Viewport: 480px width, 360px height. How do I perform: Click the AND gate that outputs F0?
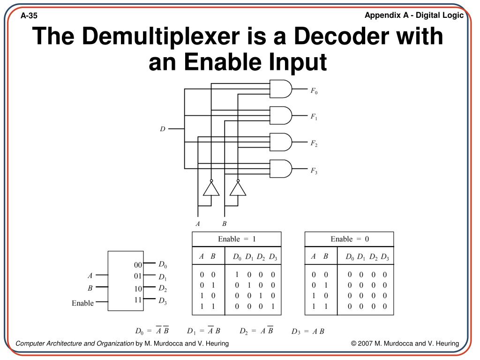pyautogui.click(x=280, y=89)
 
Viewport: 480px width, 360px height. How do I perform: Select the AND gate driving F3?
pyautogui.click(x=280, y=169)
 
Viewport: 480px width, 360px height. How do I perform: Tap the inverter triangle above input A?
pyautogui.click(x=211, y=188)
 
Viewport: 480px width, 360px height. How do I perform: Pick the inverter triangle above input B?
pyautogui.click(x=238, y=188)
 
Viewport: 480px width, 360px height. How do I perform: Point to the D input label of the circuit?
pyautogui.click(x=163, y=128)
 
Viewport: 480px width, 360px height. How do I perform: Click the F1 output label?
pyautogui.click(x=314, y=117)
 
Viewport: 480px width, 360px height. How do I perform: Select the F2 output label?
pyautogui.click(x=314, y=143)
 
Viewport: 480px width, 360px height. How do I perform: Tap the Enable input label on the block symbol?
pyautogui.click(x=82, y=303)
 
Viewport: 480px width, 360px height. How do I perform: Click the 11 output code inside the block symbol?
pyautogui.click(x=138, y=299)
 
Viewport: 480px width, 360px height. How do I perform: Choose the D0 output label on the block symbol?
pyautogui.click(x=163, y=264)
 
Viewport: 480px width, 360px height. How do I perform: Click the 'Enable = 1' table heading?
pyautogui.click(x=237, y=239)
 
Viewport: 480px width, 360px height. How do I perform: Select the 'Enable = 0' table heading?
pyautogui.click(x=350, y=239)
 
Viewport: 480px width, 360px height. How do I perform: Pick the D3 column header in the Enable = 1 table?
pyautogui.click(x=273, y=257)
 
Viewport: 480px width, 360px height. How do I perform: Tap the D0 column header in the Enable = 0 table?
pyautogui.click(x=350, y=257)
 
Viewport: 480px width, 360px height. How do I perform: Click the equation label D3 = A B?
pyautogui.click(x=307, y=331)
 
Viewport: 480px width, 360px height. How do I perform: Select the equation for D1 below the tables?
pyautogui.click(x=203, y=331)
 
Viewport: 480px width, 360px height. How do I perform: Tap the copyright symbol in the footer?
pyautogui.click(x=354, y=344)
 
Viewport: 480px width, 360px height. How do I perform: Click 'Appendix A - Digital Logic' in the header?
pyautogui.click(x=414, y=15)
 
